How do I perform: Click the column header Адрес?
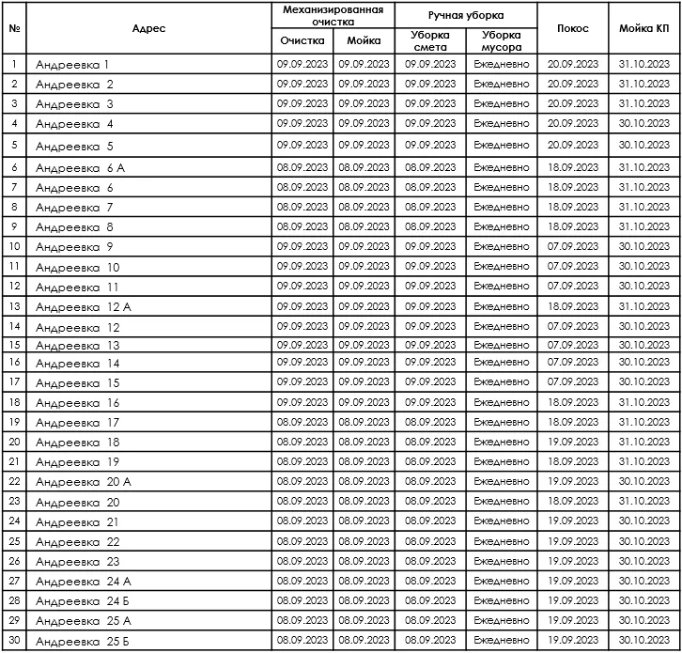[149, 28]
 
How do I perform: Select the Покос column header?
[573, 28]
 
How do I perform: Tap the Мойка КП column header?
[644, 28]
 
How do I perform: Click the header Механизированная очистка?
[333, 14]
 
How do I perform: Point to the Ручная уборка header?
[466, 15]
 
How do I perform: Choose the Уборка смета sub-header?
[430, 40]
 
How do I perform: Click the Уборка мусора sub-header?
[502, 40]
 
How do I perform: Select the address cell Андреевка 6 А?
[81, 167]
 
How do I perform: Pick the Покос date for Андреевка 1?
[573, 64]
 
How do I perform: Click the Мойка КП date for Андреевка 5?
[644, 146]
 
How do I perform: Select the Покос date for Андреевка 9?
[573, 247]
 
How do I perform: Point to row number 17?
[14, 382]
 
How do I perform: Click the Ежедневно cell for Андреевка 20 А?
[502, 481]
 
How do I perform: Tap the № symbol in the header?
[14, 28]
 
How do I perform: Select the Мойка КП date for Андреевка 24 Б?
[644, 600]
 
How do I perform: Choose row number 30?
[14, 641]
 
